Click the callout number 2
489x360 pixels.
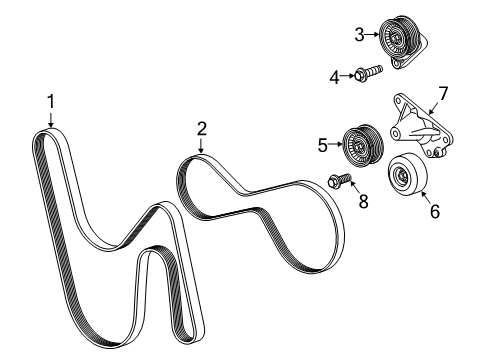[201, 127]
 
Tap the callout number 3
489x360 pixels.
[358, 36]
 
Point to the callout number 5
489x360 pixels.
[322, 145]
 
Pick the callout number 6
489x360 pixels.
[433, 211]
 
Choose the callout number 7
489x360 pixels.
[443, 94]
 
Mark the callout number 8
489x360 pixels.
[363, 202]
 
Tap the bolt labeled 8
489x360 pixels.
[340, 181]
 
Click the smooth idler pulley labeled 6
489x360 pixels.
[406, 176]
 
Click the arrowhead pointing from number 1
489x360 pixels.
[50, 126]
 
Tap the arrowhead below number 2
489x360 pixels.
[201, 151]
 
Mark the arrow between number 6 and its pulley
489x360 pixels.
[423, 199]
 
